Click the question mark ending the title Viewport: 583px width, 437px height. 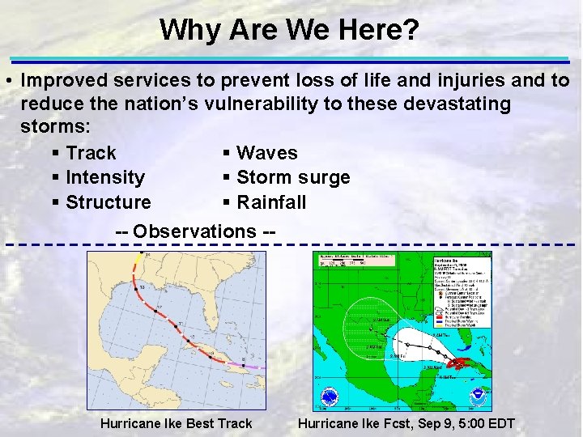pos(412,30)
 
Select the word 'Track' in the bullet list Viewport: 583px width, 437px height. pos(91,153)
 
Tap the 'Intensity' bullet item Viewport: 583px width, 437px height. pos(105,177)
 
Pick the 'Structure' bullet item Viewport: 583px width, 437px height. pos(108,202)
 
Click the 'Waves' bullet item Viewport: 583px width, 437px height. pos(266,153)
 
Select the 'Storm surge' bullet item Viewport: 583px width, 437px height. pos(293,177)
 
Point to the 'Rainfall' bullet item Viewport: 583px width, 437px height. pos(271,202)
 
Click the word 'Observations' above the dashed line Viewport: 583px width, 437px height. pos(194,231)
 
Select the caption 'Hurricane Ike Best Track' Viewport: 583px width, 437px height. pos(176,423)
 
